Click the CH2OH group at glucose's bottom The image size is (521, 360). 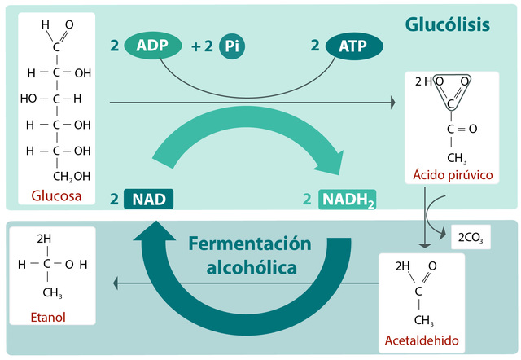click(x=72, y=176)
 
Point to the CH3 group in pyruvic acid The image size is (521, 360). click(x=456, y=156)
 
